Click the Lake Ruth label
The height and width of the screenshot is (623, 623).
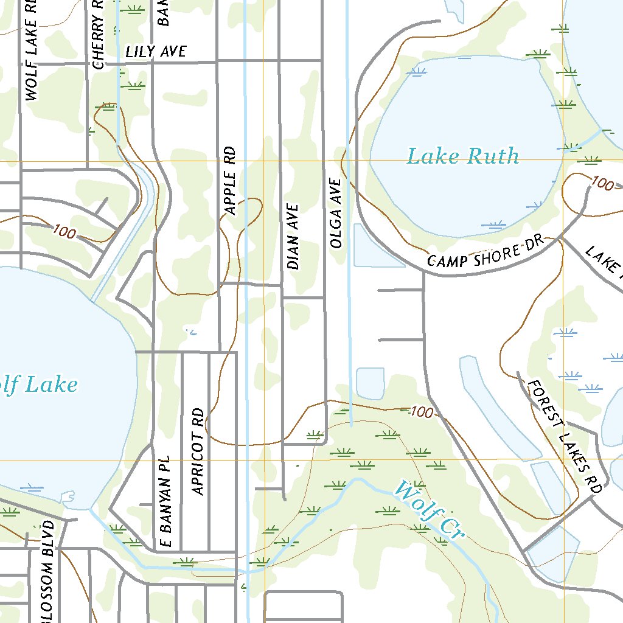pos(462,156)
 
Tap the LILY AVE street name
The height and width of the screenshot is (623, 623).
pos(156,52)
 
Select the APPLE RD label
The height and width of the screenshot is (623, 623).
pos(230,180)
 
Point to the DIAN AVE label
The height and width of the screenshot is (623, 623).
pos(293,237)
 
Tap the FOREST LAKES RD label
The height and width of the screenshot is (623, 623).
pos(564,436)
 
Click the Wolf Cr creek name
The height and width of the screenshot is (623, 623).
pos(429,509)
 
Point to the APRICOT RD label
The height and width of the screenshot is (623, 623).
pos(197,451)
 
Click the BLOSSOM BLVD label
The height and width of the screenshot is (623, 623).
pos(49,572)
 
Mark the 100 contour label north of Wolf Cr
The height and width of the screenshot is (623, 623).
pos(421,412)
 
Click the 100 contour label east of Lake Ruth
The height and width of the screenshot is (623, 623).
pos(602,183)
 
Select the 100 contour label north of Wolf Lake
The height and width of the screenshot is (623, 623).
pos(64,231)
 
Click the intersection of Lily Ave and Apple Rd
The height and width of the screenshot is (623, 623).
pos(218,61)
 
